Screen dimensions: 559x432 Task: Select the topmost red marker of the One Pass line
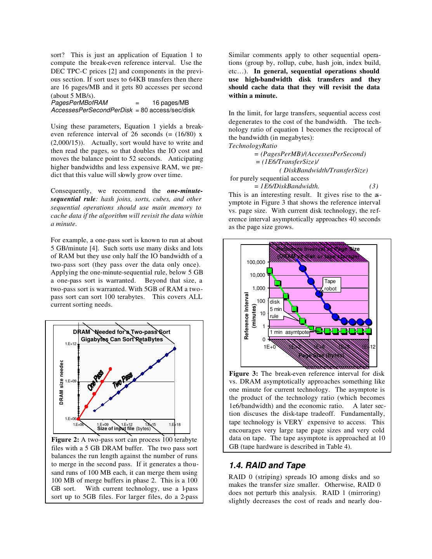coord(111,368)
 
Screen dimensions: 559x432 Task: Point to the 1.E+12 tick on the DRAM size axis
coord(71,344)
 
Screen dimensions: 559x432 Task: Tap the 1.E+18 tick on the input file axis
coord(175,424)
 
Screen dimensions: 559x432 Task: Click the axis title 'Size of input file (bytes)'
coord(123,429)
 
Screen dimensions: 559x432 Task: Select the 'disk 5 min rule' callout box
coord(276,309)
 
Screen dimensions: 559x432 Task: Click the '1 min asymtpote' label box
coord(289,332)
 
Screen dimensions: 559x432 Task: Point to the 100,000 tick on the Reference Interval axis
coord(256,262)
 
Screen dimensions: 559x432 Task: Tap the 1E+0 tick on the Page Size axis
coord(269,347)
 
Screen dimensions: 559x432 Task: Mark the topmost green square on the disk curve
coord(269,271)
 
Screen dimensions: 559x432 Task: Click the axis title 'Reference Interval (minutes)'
coord(250,316)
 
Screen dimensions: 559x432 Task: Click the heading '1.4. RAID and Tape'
coord(267,465)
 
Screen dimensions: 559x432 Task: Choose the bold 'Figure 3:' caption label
coord(243,374)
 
